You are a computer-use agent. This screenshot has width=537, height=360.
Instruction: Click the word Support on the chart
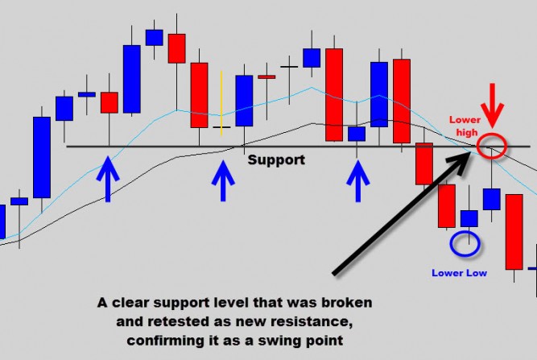(x=276, y=159)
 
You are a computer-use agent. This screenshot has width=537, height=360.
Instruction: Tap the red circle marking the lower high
(x=491, y=146)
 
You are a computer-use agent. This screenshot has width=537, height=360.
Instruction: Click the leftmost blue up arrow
(x=107, y=179)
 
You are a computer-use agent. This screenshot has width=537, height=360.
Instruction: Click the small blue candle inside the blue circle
(x=469, y=218)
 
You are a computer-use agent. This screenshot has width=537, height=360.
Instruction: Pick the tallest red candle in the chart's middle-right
(x=333, y=95)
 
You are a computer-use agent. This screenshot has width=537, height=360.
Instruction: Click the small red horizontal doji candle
(x=266, y=77)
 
